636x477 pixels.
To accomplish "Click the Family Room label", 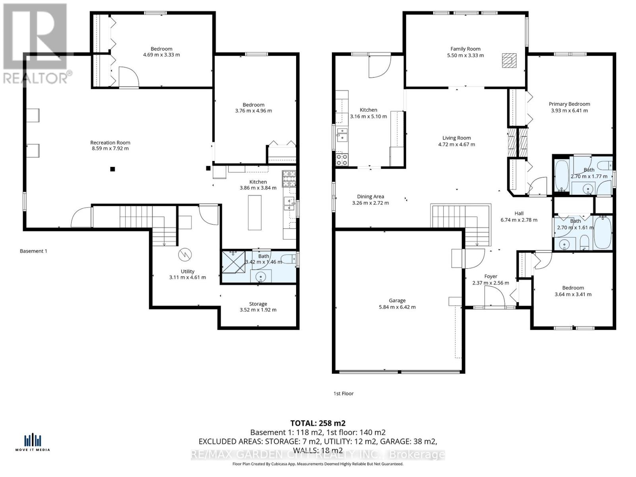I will tap(465, 49).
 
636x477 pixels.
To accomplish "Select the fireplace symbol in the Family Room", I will tap(508, 61).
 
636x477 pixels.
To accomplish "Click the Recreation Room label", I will tap(110, 142).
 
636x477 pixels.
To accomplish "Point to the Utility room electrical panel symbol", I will tap(184, 254).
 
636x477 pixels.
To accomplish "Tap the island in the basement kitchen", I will tap(255, 213).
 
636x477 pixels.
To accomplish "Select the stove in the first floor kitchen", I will tap(341, 160).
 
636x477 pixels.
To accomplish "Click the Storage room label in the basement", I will tap(258, 304).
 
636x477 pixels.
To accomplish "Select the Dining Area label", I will tap(370, 196).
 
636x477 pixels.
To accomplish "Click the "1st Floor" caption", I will tap(343, 394).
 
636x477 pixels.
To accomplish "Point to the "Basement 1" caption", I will tap(33, 251).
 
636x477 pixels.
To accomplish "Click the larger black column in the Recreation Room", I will tap(112, 169).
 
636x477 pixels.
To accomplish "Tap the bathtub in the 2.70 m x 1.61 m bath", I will tap(603, 233).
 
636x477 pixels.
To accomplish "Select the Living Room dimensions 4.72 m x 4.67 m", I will tap(456, 144).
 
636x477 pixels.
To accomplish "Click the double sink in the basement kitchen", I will tap(289, 203).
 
